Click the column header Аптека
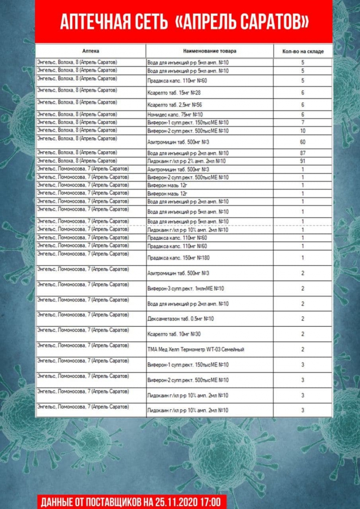point(90,51)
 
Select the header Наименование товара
point(210,51)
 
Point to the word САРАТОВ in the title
point(268,22)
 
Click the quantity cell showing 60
point(303,142)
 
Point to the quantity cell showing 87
point(303,153)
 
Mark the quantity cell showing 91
point(303,161)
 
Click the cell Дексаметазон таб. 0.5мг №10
point(180,319)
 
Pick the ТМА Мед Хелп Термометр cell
point(196,350)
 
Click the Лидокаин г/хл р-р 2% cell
point(186,161)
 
